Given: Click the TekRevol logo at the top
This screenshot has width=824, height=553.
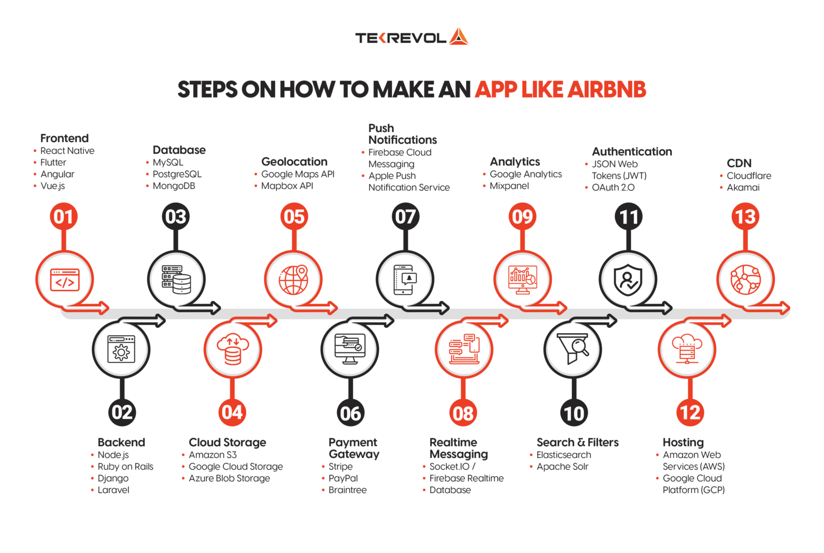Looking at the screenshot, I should click(411, 37).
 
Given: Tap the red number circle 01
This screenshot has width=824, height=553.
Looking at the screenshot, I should click(64, 217).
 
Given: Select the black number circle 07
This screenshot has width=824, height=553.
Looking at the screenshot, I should click(405, 217).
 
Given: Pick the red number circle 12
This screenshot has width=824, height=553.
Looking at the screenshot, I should click(690, 412).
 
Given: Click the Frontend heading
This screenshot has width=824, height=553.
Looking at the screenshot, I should click(64, 138).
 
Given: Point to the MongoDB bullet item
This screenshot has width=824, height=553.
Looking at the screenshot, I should click(174, 186).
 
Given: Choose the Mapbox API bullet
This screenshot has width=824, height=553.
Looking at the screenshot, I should click(287, 186).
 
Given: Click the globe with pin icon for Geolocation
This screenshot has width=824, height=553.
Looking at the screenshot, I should click(293, 279).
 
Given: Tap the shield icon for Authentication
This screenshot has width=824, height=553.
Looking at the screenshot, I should click(628, 279).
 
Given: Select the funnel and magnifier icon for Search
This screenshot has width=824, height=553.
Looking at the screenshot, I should click(572, 349).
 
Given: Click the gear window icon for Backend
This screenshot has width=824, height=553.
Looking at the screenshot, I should click(121, 349).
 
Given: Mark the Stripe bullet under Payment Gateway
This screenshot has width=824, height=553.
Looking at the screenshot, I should click(341, 467).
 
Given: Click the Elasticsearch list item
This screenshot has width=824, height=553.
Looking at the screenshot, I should click(563, 455).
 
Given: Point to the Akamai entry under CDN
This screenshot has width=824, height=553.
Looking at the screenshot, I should click(743, 188).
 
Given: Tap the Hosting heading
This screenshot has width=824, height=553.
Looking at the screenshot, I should click(683, 443).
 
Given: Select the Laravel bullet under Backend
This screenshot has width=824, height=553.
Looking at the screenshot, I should click(113, 490).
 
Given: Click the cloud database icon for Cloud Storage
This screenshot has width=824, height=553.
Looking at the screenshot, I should click(232, 349).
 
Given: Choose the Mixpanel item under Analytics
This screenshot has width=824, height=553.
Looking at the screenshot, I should click(509, 186).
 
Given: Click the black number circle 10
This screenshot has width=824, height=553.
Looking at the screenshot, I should click(573, 413).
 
